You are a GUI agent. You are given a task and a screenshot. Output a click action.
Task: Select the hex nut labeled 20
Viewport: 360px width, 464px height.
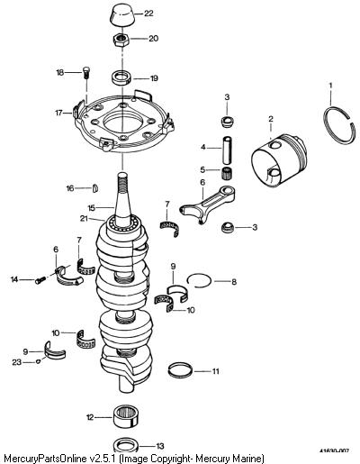pyautogui.click(x=121, y=40)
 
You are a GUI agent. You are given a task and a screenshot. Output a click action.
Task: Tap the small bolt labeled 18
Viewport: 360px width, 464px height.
pyautogui.click(x=86, y=72)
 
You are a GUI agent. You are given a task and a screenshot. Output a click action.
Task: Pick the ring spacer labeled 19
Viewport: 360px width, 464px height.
pyautogui.click(x=121, y=77)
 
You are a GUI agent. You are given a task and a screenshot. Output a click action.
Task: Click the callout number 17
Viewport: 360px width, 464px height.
pyautogui.click(x=58, y=113)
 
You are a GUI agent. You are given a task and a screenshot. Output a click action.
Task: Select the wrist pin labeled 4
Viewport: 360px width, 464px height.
pyautogui.click(x=228, y=149)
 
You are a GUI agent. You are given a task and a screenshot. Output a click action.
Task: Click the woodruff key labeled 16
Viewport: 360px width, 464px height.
pyautogui.click(x=94, y=188)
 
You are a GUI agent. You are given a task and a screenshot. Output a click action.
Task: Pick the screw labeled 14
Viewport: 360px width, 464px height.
pyautogui.click(x=40, y=280)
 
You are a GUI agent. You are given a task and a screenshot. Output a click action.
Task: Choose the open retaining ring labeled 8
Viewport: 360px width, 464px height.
pyautogui.click(x=199, y=280)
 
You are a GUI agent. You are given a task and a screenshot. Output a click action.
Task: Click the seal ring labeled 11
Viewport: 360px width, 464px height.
pyautogui.click(x=180, y=370)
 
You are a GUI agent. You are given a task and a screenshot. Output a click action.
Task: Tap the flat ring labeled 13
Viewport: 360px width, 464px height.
pyautogui.click(x=127, y=445)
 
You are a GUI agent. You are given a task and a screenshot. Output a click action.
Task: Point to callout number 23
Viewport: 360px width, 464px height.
pyautogui.click(x=17, y=362)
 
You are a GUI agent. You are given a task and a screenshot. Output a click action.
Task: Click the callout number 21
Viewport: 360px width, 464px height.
pyautogui.click(x=84, y=218)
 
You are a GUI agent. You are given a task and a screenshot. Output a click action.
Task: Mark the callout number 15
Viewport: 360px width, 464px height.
pyautogui.click(x=91, y=208)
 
